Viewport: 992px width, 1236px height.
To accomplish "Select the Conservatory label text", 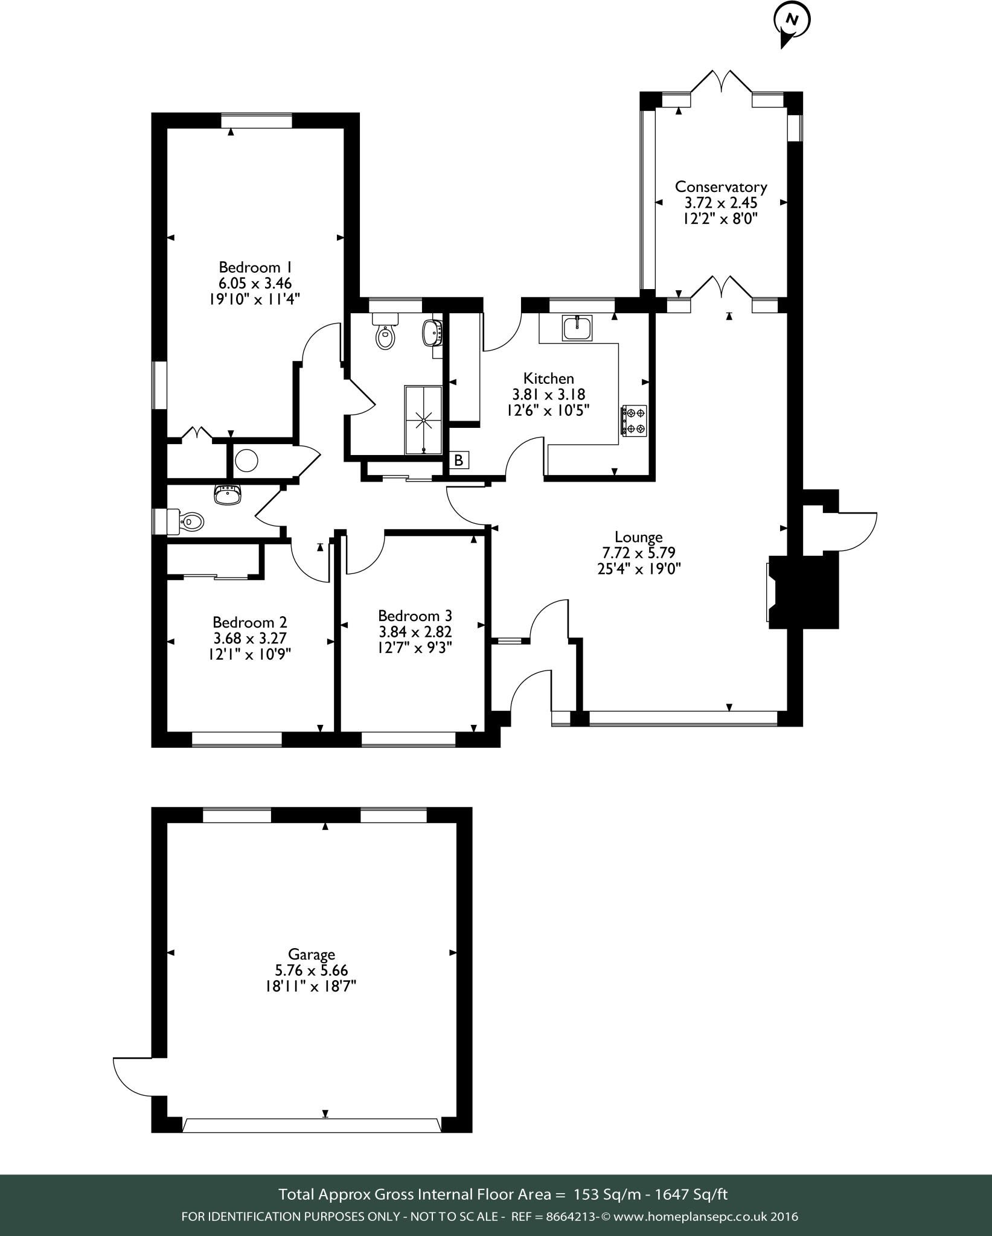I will [720, 186].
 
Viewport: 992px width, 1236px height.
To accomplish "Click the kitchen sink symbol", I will [578, 329].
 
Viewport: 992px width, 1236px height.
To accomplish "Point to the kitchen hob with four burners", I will [634, 421].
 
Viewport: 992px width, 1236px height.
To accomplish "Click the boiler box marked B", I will [459, 460].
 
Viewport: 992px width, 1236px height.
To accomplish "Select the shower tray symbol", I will [423, 419].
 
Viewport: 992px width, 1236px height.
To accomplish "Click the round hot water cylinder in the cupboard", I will [246, 460].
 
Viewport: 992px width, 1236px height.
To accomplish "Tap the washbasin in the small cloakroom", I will [227, 494].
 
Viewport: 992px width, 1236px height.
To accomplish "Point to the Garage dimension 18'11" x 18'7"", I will [312, 986].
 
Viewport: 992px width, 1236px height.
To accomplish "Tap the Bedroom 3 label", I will [414, 616].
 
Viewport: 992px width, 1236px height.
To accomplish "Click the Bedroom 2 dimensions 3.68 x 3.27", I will [249, 638].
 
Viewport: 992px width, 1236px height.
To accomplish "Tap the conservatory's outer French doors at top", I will [720, 81].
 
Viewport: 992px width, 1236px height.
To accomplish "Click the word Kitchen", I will [548, 378].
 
